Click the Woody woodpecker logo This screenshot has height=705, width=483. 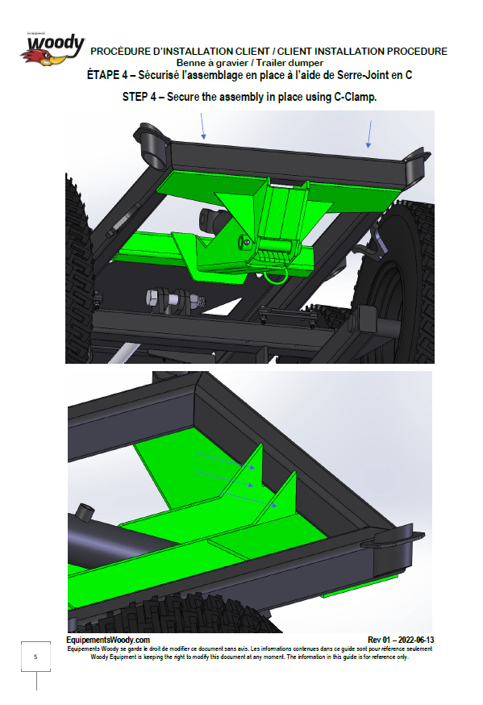pyautogui.click(x=52, y=49)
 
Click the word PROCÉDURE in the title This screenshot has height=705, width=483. pyautogui.click(x=120, y=52)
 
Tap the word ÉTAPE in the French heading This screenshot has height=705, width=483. pyautogui.click(x=104, y=75)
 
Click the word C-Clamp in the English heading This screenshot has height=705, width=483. pyautogui.click(x=355, y=97)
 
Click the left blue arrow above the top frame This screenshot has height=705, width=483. pyautogui.click(x=202, y=126)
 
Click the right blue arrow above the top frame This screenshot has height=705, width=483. pyautogui.click(x=369, y=134)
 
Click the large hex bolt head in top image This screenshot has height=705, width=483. pyautogui.click(x=153, y=298)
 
